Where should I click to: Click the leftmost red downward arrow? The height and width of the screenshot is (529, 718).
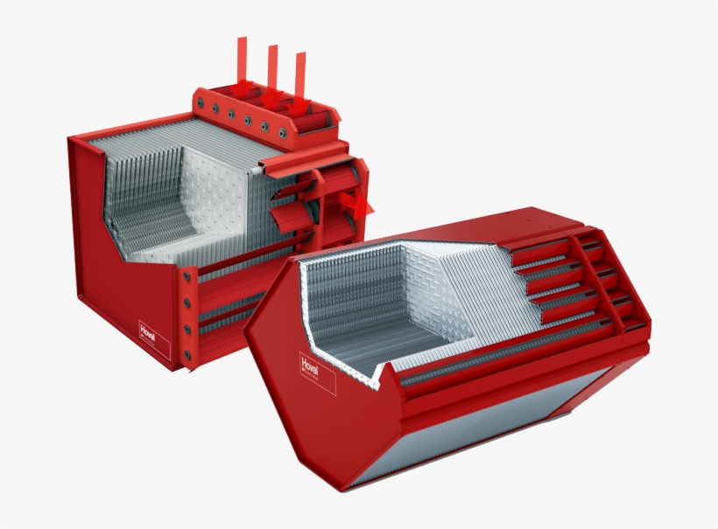[x=243, y=66]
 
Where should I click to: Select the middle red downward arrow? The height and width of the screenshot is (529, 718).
[x=272, y=74]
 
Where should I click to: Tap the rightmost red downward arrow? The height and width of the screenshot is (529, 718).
[x=300, y=83]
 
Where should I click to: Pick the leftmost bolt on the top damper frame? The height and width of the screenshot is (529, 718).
[x=200, y=106]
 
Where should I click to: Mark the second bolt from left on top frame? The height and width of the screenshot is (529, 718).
[x=215, y=111]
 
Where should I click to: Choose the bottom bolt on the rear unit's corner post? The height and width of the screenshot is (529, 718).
[x=186, y=355]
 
